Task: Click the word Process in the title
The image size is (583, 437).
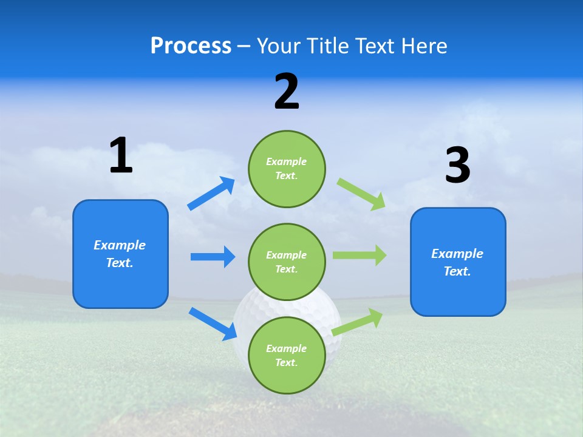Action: (191, 46)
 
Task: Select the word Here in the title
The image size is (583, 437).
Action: (423, 46)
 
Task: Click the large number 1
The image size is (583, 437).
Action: (121, 155)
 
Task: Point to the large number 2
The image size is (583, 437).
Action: (287, 92)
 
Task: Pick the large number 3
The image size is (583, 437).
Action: (457, 166)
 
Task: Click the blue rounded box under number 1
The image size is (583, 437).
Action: (120, 254)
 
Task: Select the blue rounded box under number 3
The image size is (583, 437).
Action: (458, 262)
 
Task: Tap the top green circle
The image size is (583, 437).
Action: (287, 169)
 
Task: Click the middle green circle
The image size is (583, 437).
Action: (287, 262)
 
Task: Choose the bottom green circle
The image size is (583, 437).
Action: (287, 355)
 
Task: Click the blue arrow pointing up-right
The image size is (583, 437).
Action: (211, 194)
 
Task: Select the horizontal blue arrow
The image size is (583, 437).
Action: (213, 257)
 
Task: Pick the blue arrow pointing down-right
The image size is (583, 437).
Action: (213, 324)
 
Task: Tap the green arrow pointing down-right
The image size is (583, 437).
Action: (361, 194)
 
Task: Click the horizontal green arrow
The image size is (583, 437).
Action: (360, 255)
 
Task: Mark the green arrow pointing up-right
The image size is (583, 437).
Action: (358, 322)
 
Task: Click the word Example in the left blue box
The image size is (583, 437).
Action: (120, 245)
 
